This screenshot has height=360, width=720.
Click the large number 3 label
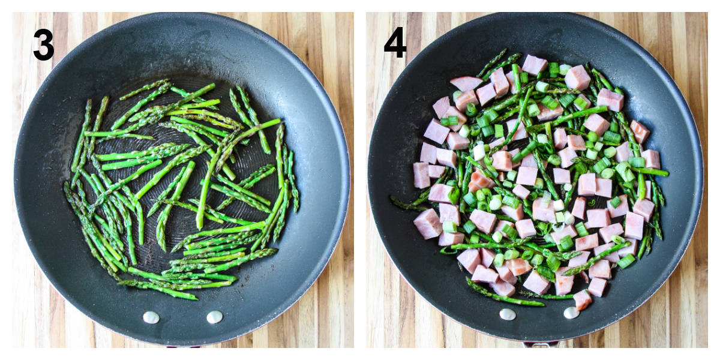tap(43, 44)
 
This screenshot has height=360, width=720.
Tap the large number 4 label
tap(395, 42)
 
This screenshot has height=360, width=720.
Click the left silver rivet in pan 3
tap(151, 317)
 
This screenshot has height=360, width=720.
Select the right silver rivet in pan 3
tap(215, 317)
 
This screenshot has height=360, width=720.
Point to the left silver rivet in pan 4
tap(508, 314)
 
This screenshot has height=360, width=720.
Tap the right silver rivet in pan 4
tap(571, 313)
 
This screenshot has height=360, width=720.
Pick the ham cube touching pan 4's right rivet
tap(582, 300)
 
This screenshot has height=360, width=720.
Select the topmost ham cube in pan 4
tap(534, 65)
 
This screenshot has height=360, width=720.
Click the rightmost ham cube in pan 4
tap(651, 159)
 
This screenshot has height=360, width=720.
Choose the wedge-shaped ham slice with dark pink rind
tap(466, 83)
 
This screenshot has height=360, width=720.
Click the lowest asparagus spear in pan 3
tap(157, 289)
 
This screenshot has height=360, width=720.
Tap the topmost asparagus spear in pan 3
tap(145, 89)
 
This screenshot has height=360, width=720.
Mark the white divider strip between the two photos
tap(360, 180)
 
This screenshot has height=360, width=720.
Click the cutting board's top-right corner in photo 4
tap(707, 13)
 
